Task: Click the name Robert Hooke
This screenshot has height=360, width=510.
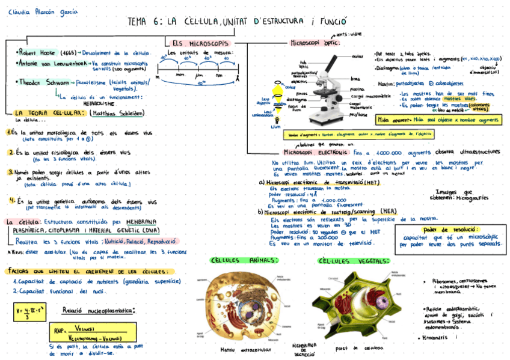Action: [38, 53]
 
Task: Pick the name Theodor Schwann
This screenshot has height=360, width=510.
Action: [40, 82]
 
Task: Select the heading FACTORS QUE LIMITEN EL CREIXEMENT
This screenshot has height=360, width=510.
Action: [84, 272]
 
